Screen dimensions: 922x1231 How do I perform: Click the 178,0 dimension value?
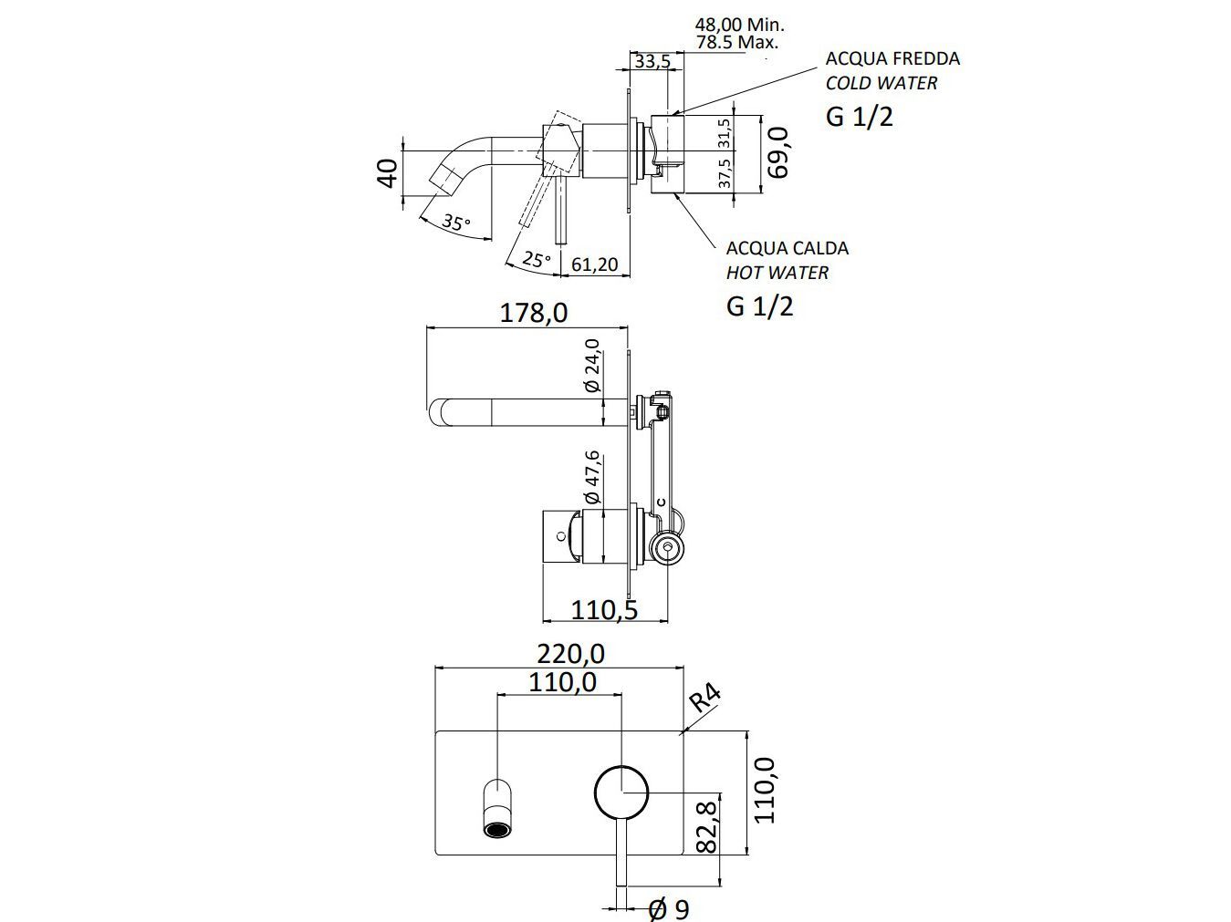pyautogui.click(x=534, y=313)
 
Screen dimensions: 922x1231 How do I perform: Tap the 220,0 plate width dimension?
pyautogui.click(x=570, y=654)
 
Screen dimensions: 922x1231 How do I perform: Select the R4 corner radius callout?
pyautogui.click(x=705, y=698)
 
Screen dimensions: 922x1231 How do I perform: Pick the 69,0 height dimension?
pyautogui.click(x=777, y=152)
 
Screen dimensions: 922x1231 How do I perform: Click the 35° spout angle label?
pyautogui.click(x=455, y=222)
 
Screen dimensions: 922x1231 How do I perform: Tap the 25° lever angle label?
pyautogui.click(x=537, y=260)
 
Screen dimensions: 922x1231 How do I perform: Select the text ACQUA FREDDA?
pyautogui.click(x=892, y=58)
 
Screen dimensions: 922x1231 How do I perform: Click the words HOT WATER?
pyautogui.click(x=777, y=273)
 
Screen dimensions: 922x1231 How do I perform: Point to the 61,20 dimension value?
pyautogui.click(x=594, y=265)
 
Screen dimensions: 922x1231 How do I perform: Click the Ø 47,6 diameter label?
pyautogui.click(x=590, y=478)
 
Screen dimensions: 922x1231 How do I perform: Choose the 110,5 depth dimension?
pyautogui.click(x=603, y=609)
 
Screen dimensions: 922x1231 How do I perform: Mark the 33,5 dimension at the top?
pyautogui.click(x=652, y=61)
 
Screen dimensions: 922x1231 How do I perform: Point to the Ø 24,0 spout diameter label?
pyautogui.click(x=591, y=366)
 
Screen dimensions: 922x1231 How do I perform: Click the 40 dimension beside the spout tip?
pyautogui.click(x=387, y=172)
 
